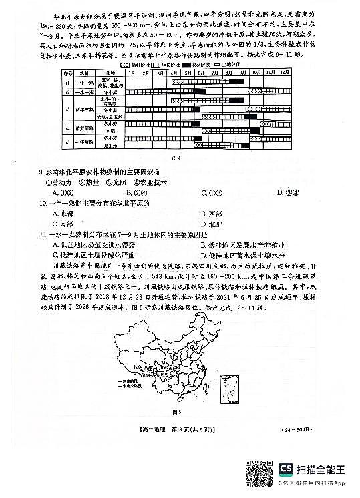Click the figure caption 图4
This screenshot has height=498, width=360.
click(177, 158)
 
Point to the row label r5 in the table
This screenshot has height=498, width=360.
click(67, 142)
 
